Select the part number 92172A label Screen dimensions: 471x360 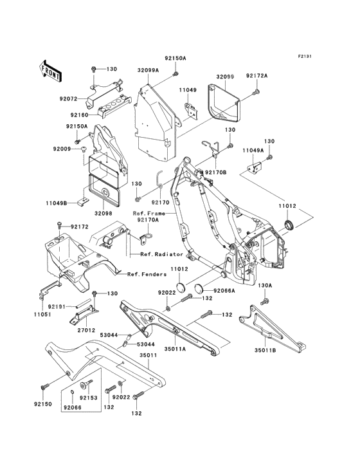point(258,77)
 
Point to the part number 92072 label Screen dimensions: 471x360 point(68,99)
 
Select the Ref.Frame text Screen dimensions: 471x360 point(147,213)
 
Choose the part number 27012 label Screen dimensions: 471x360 point(87,329)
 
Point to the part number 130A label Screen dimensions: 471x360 point(265,285)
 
